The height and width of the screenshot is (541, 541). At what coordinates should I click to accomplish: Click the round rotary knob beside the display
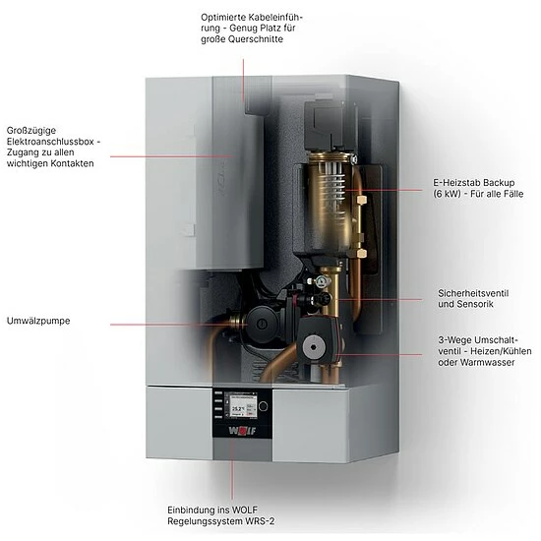(x=263, y=404)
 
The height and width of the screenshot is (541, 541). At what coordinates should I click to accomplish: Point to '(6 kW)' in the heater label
(x=448, y=195)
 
